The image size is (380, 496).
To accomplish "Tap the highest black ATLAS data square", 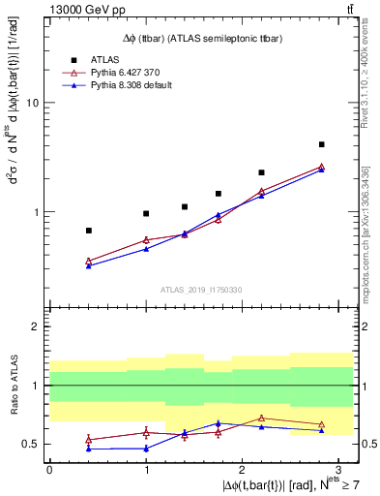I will click(321, 144).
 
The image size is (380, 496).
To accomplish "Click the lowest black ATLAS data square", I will click(89, 231).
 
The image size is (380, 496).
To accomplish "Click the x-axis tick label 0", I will click(49, 469).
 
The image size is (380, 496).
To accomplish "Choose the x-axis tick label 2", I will click(243, 469).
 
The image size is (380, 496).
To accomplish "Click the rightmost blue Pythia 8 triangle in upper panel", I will click(321, 169).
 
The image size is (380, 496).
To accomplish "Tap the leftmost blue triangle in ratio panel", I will click(89, 449).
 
